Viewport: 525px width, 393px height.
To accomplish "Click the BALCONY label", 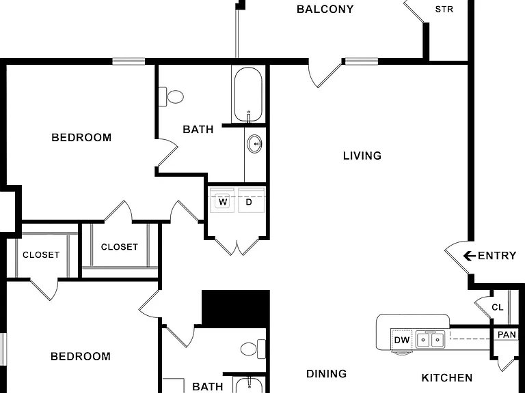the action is coord(325,9).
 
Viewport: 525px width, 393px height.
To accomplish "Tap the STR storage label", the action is coord(444,10).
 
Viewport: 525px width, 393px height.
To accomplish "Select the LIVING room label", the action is coord(362,156).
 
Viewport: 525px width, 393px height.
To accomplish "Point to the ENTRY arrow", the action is coord(470,256).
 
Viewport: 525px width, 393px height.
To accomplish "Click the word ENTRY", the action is coord(497,256).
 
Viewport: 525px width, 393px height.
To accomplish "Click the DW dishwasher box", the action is coord(401,340).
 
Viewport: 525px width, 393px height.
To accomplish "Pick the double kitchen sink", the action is coord(431,340).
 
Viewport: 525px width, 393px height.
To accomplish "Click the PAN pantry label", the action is coord(507,334).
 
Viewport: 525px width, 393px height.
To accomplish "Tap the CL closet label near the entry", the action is coord(498,307).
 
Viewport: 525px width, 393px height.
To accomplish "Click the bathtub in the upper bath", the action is coord(247,95).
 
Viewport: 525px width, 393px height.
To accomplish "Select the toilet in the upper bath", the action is coord(171,97).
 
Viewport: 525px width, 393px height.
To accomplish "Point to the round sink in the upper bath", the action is coord(255,144).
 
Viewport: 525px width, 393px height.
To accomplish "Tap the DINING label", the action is coord(327,374).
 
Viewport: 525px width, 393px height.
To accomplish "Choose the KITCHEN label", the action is coord(447,378).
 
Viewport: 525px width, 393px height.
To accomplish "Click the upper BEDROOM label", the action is coord(81,138).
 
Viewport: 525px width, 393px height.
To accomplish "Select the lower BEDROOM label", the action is coord(81,357).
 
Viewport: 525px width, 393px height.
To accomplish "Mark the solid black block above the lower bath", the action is coord(236,308).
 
